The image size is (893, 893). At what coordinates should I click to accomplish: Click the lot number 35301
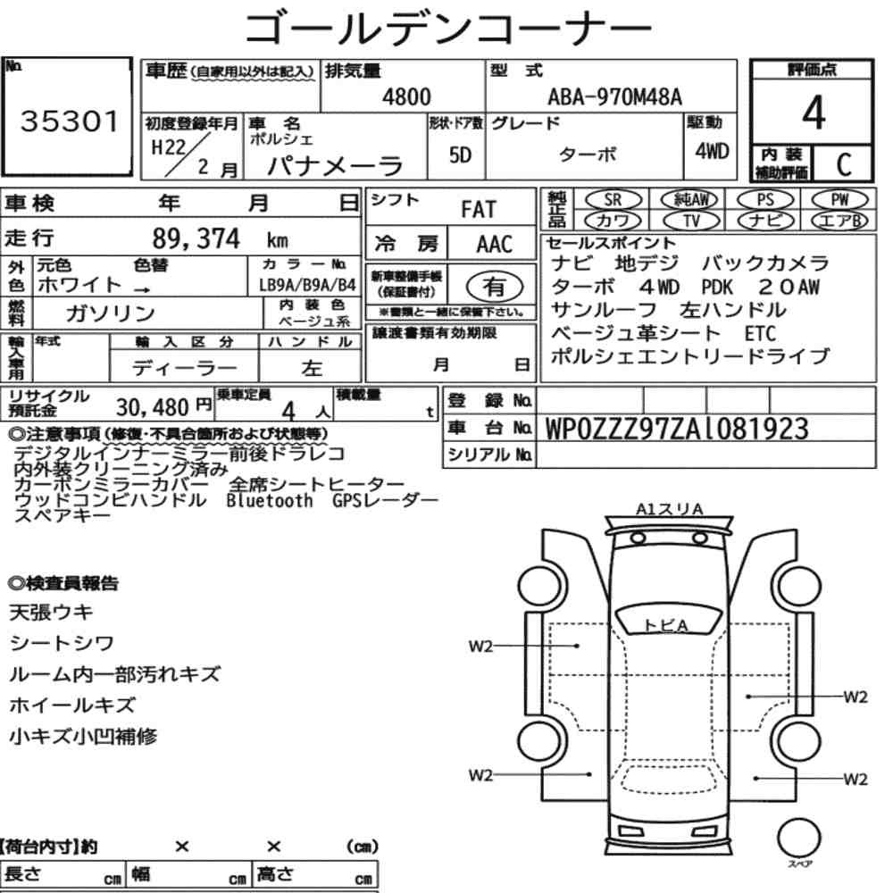click(x=70, y=121)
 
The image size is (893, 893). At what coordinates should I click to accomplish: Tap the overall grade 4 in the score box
click(x=814, y=113)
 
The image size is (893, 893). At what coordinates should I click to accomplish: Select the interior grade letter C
click(x=844, y=164)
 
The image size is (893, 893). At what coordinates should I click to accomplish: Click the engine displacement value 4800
click(x=406, y=96)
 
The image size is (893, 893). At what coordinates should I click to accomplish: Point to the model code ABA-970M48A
click(x=614, y=96)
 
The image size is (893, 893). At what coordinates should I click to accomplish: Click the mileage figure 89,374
click(x=196, y=238)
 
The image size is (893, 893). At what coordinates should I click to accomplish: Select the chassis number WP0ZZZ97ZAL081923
click(x=677, y=429)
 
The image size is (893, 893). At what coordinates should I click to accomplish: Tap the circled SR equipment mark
click(x=613, y=200)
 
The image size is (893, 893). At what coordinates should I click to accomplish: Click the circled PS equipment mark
click(x=765, y=200)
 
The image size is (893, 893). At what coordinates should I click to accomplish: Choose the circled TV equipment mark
click(x=691, y=221)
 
